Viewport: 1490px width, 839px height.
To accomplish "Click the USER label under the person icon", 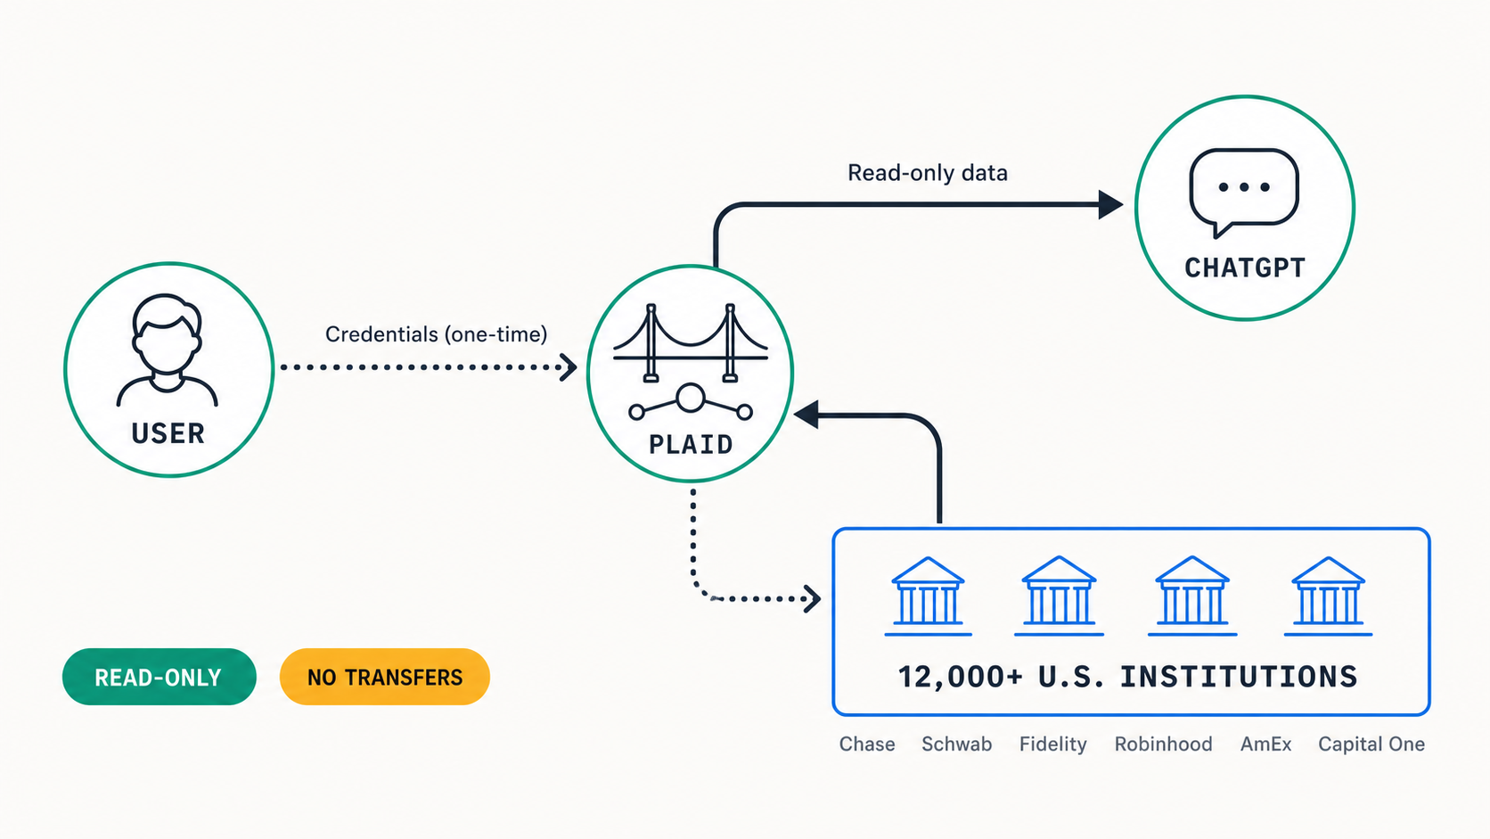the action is tap(168, 434).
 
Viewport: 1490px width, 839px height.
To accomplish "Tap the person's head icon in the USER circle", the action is tap(167, 334).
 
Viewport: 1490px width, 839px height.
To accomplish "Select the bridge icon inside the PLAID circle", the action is tap(691, 343).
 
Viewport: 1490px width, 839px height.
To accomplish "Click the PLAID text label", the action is tap(691, 444).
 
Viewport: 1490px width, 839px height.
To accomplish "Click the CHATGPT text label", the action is tap(1245, 267).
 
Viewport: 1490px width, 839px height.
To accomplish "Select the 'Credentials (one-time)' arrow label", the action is tap(437, 334).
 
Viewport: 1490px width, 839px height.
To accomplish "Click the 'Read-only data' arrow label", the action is tap(928, 173).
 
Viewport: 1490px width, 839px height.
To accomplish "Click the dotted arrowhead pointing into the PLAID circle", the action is tap(568, 367).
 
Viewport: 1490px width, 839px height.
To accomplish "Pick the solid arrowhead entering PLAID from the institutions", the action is tap(806, 415).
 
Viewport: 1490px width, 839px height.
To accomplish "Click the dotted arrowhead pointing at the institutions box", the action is tap(812, 599).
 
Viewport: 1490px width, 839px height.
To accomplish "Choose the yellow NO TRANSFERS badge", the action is tap(384, 677).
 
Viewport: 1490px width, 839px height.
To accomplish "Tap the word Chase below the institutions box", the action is tap(867, 744).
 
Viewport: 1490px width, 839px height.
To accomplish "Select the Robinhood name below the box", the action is tap(1164, 744).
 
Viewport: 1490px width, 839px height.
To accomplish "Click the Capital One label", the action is tap(1371, 744).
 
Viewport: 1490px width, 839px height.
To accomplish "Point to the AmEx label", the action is tap(1265, 744).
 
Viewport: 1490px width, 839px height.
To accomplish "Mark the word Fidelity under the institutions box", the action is tap(1053, 744).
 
